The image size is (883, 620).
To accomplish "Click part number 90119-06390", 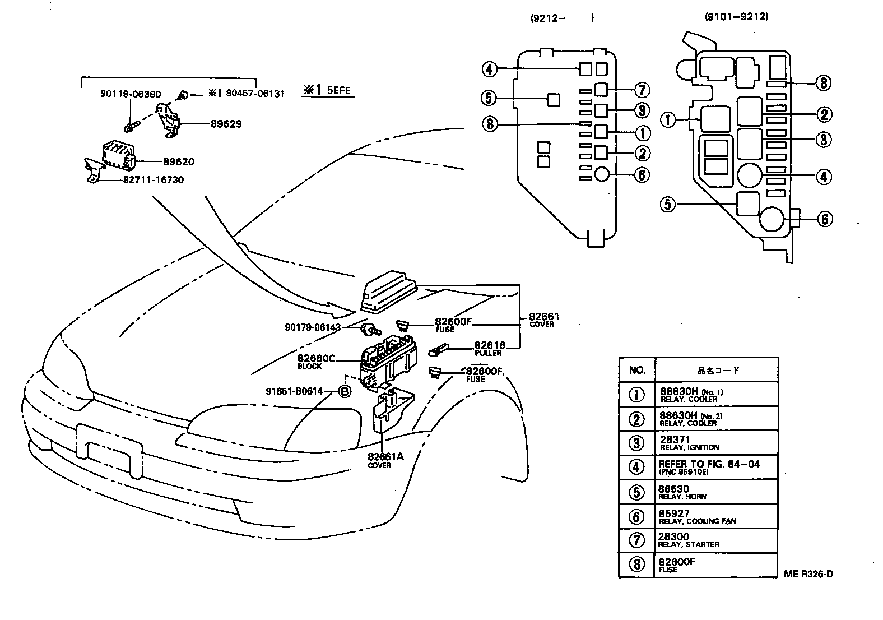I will click(131, 94).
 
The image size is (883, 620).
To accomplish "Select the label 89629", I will click(226, 124).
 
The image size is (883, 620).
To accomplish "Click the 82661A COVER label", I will click(385, 460).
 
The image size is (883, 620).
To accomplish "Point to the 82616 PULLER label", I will click(489, 349).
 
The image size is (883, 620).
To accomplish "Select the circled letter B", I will click(345, 391).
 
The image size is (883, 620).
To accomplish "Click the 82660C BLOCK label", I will click(315, 362).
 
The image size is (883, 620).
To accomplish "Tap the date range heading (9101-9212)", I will click(736, 16).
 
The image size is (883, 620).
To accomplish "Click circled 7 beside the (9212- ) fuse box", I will click(642, 90).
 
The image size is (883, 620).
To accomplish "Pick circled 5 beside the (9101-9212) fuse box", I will click(668, 205).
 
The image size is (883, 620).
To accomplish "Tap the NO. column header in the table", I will click(637, 370).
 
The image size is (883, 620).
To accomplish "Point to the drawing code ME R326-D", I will click(808, 573).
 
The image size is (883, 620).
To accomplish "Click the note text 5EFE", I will click(338, 90).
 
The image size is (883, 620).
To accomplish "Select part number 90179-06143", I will click(312, 327).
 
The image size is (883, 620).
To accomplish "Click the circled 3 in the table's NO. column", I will click(636, 443).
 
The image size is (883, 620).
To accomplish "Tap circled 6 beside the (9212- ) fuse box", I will click(642, 175).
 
